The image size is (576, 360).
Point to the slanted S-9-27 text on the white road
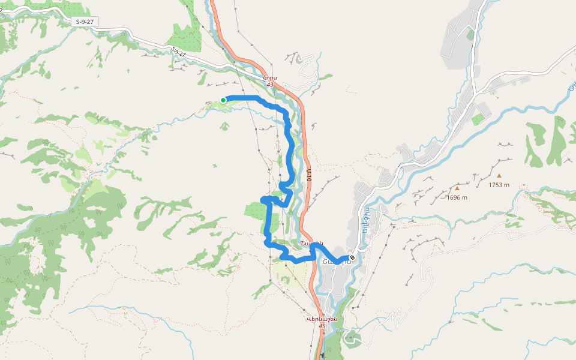click(x=178, y=53)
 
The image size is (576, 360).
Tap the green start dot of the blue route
click(x=223, y=100)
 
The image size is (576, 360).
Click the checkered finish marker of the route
click(x=352, y=258)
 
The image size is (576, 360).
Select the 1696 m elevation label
click(x=457, y=197)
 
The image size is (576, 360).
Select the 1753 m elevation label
click(x=499, y=185)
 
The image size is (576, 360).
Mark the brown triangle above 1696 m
click(x=457, y=188)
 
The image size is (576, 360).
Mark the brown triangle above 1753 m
click(x=499, y=176)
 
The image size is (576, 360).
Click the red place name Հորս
click(x=270, y=77)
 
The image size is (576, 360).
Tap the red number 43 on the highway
click(x=270, y=85)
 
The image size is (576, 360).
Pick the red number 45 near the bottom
click(x=322, y=326)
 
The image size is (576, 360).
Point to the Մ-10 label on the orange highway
click(x=309, y=175)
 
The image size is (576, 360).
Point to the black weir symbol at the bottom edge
click(x=323, y=355)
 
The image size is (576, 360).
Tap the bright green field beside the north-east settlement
click(x=478, y=119)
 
